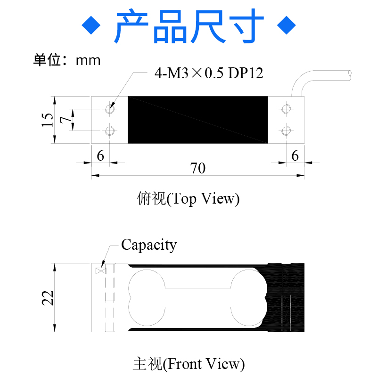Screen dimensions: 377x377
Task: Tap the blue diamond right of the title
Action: click(286, 25)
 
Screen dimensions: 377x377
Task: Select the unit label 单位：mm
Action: click(67, 60)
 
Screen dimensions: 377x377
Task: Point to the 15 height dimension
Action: click(47, 120)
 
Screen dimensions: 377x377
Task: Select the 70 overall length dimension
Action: click(198, 168)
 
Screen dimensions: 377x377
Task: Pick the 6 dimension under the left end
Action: click(100, 156)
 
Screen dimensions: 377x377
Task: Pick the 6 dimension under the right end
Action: click(295, 156)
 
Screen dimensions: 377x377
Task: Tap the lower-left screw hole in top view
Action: click(111, 131)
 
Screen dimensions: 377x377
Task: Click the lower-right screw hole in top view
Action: click(286, 131)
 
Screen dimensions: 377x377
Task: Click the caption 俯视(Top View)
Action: click(188, 199)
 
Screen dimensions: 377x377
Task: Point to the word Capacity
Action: click(149, 245)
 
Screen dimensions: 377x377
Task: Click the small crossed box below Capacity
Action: click(101, 270)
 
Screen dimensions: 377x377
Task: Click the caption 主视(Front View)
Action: click(188, 364)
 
